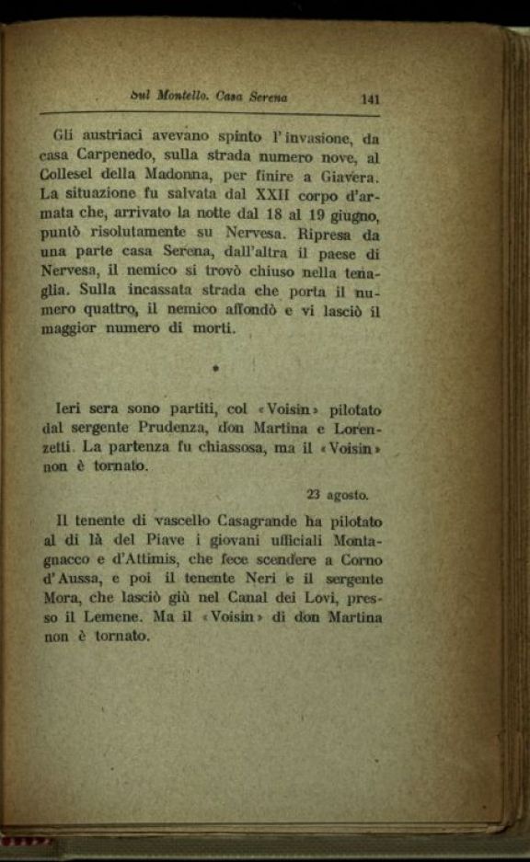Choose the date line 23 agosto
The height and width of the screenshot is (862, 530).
click(336, 493)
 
